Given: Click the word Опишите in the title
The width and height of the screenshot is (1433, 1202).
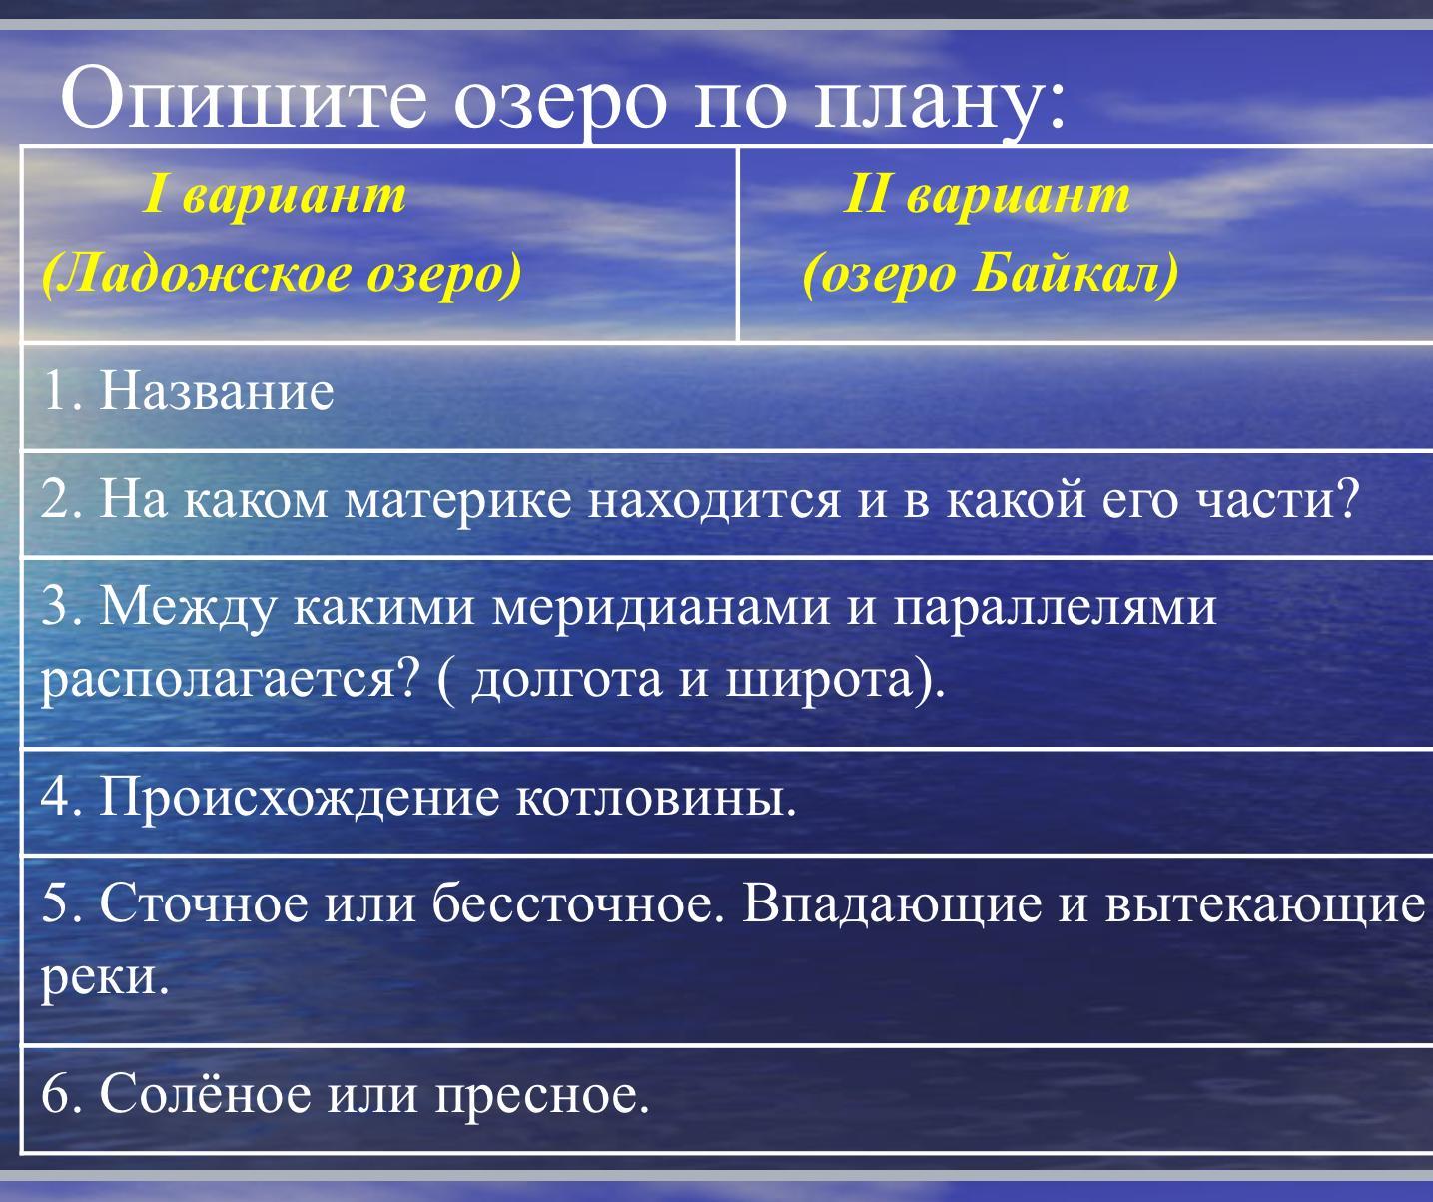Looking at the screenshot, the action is pyautogui.click(x=243, y=98).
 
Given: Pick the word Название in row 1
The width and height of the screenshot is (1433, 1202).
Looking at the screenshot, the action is pyautogui.click(x=217, y=391).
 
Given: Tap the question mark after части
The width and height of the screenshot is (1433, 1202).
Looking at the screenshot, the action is pyautogui.click(x=1346, y=498).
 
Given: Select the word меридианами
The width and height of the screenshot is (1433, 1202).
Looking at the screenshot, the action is pyautogui.click(x=660, y=607).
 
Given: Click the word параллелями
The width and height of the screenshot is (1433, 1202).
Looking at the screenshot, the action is pyautogui.click(x=1055, y=607).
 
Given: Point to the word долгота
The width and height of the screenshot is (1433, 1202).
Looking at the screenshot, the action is pyautogui.click(x=567, y=681).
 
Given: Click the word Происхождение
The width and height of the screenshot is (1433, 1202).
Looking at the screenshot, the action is pyautogui.click(x=300, y=799).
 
